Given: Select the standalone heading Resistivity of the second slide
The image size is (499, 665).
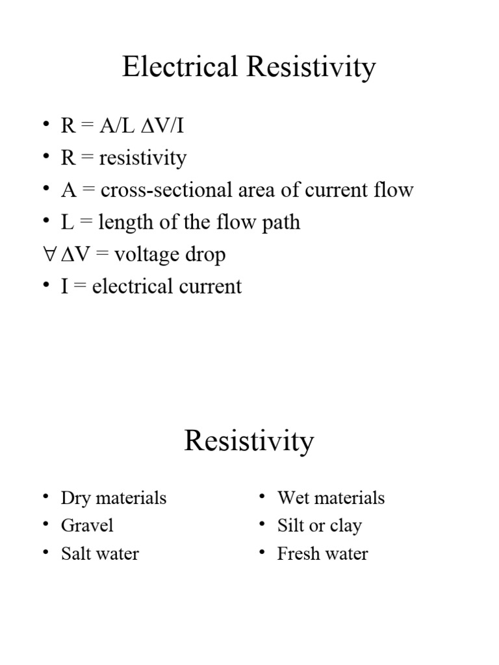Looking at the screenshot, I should point(249,442).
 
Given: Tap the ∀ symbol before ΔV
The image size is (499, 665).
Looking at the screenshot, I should point(48,255).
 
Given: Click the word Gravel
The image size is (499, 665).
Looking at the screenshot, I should point(87,525).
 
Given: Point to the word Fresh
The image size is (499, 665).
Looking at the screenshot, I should point(295,553).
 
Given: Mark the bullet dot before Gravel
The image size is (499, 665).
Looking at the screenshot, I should point(45,523).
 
